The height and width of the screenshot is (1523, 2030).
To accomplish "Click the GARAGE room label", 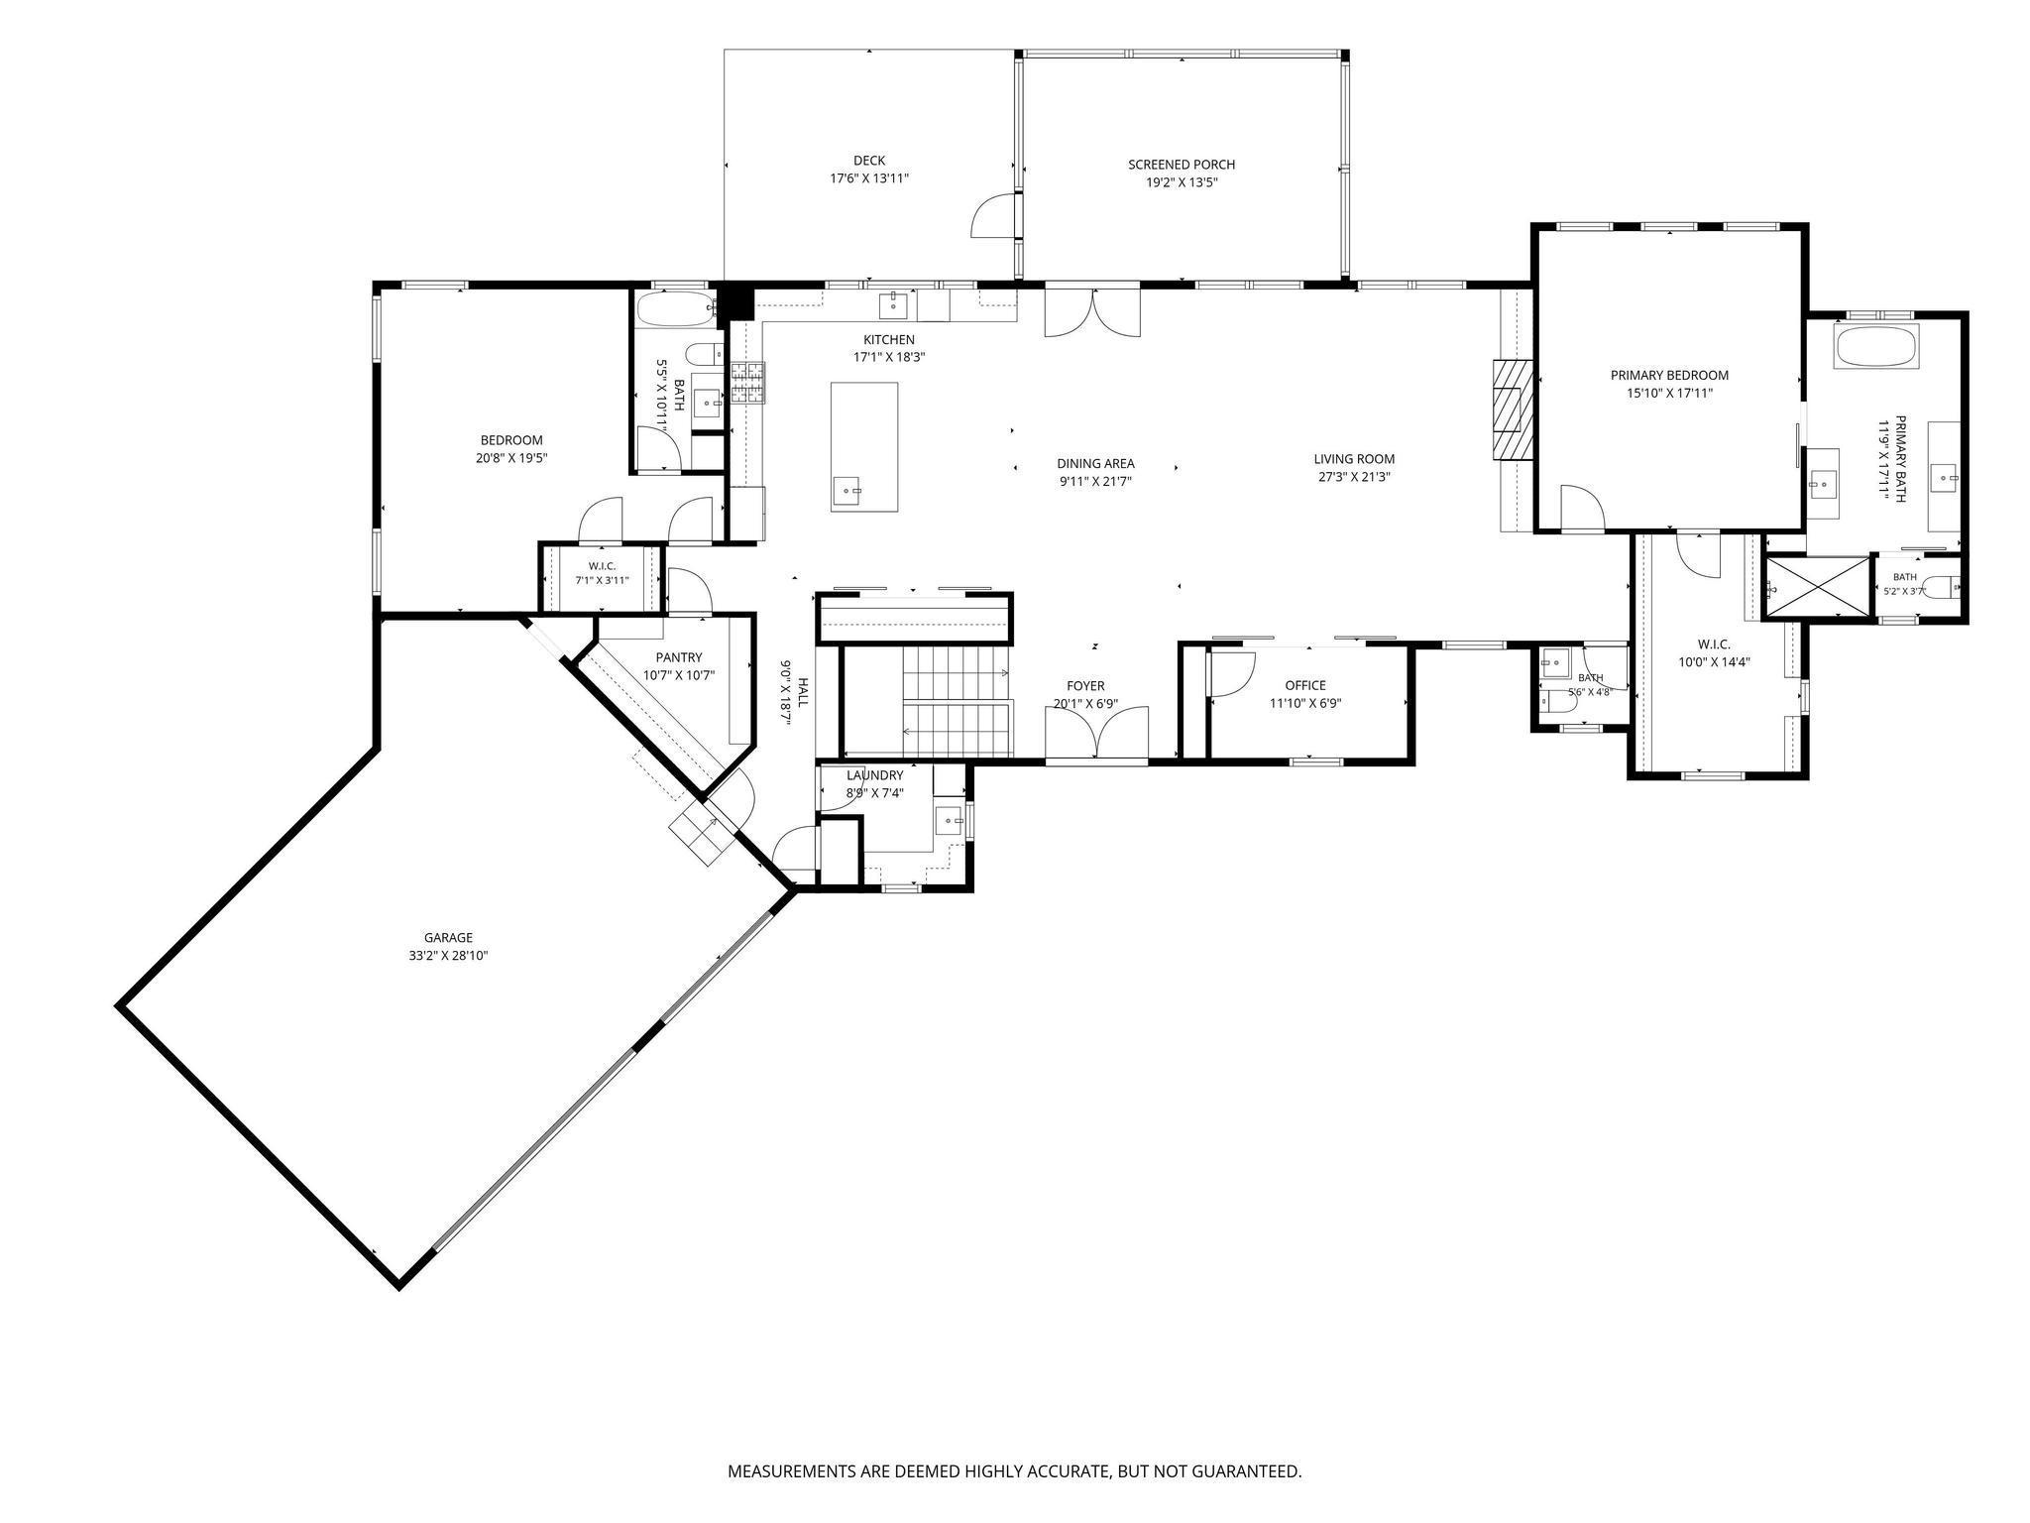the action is [x=448, y=937].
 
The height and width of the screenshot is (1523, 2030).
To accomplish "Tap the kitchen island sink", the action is [x=847, y=490].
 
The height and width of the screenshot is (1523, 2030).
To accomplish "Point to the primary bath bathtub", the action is [x=1877, y=346].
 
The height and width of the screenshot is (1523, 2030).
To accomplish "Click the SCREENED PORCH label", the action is [x=1182, y=165].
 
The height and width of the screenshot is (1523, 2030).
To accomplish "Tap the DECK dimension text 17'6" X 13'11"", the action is [x=869, y=178].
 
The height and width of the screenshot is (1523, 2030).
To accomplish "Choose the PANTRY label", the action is [x=679, y=657].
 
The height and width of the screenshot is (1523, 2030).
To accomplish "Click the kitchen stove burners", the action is [x=748, y=383].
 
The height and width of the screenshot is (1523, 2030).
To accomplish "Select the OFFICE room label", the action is [x=1305, y=685].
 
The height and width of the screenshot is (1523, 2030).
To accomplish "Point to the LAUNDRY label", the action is [x=875, y=775].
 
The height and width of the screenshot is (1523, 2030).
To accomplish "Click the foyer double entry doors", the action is [x=1097, y=735].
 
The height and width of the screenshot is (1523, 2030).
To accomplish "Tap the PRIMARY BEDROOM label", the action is [x=1669, y=375].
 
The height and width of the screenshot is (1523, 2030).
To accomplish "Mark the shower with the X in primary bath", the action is [x=1818, y=589].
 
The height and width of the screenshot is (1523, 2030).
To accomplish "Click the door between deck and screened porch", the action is [x=995, y=216].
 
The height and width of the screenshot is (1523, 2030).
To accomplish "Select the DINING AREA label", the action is [x=1095, y=463].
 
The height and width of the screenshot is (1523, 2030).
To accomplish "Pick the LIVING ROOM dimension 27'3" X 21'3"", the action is [x=1354, y=477].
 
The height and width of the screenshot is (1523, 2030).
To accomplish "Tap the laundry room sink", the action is [x=951, y=820].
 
